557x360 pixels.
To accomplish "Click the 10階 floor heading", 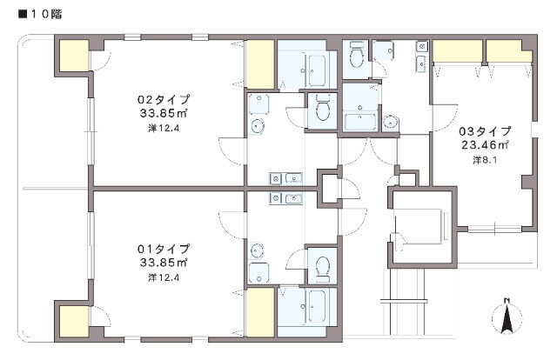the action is click(x=40, y=14).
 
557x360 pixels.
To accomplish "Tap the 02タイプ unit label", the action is click(x=164, y=99).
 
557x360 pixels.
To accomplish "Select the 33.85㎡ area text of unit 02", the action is click(x=164, y=113).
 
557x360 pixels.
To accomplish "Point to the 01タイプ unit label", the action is click(x=164, y=249).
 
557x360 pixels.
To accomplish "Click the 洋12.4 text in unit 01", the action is click(x=164, y=277).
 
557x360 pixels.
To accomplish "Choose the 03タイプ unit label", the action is click(x=486, y=131).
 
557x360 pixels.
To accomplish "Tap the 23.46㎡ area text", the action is click(x=486, y=145).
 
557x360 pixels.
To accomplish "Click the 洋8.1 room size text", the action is click(x=485, y=160).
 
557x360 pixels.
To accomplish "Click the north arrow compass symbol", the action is click(x=507, y=317).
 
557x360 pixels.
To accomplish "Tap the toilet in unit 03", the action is click(x=356, y=55).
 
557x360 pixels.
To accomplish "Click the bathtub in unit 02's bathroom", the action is click(x=317, y=71).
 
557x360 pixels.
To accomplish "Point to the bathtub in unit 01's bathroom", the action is click(x=317, y=307).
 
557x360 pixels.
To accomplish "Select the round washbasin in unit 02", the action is click(x=257, y=126).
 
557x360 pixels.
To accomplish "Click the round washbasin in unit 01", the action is click(x=257, y=250).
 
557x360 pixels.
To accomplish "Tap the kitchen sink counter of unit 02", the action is click(x=285, y=178).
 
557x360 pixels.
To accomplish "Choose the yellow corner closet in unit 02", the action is click(x=74, y=56).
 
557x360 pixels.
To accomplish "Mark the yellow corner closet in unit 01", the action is click(x=74, y=321).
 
